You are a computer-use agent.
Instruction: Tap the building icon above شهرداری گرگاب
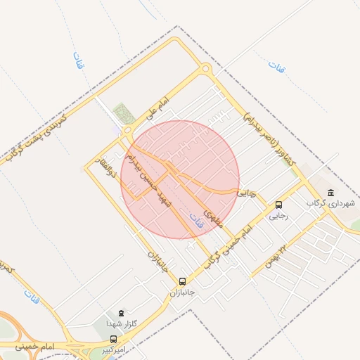(330, 193)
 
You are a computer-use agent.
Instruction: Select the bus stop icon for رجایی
(279, 205)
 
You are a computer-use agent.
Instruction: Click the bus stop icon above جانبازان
(184, 281)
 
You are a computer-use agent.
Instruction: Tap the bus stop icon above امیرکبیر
(113, 338)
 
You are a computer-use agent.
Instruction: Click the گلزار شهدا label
(115, 323)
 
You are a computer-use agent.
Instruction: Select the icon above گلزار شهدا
(120, 313)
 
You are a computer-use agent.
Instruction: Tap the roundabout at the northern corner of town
(205, 69)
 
